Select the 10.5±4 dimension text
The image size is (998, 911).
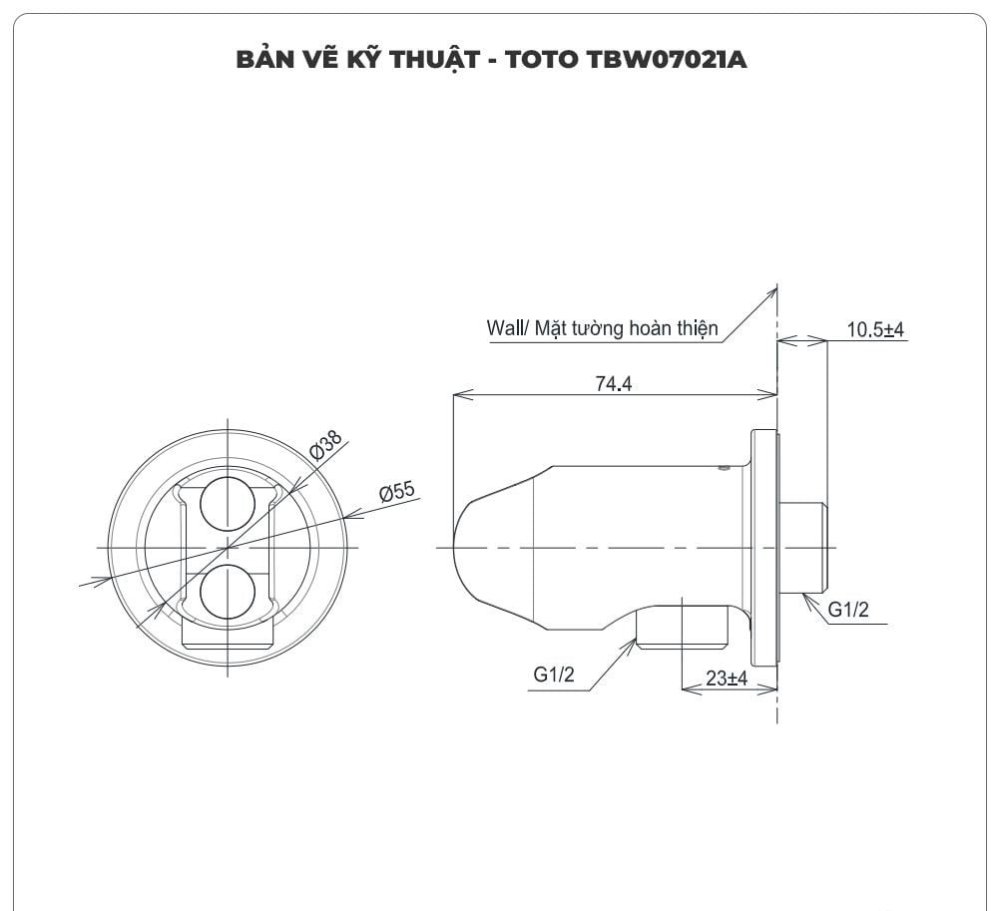click(x=874, y=330)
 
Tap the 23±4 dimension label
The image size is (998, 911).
click(x=727, y=679)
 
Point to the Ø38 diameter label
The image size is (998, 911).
click(x=325, y=445)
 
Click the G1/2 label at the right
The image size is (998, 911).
click(x=847, y=610)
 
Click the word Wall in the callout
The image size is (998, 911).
click(x=504, y=328)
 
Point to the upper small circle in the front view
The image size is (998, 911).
click(x=229, y=502)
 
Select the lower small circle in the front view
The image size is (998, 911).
click(x=229, y=593)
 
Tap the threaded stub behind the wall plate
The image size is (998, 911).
click(x=804, y=548)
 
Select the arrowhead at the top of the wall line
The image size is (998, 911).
click(x=773, y=289)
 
